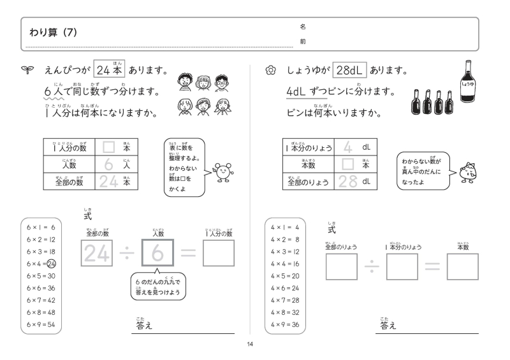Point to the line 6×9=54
click(x=41, y=324)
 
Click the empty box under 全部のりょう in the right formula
click(x=341, y=266)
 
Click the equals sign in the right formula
click(x=432, y=266)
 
